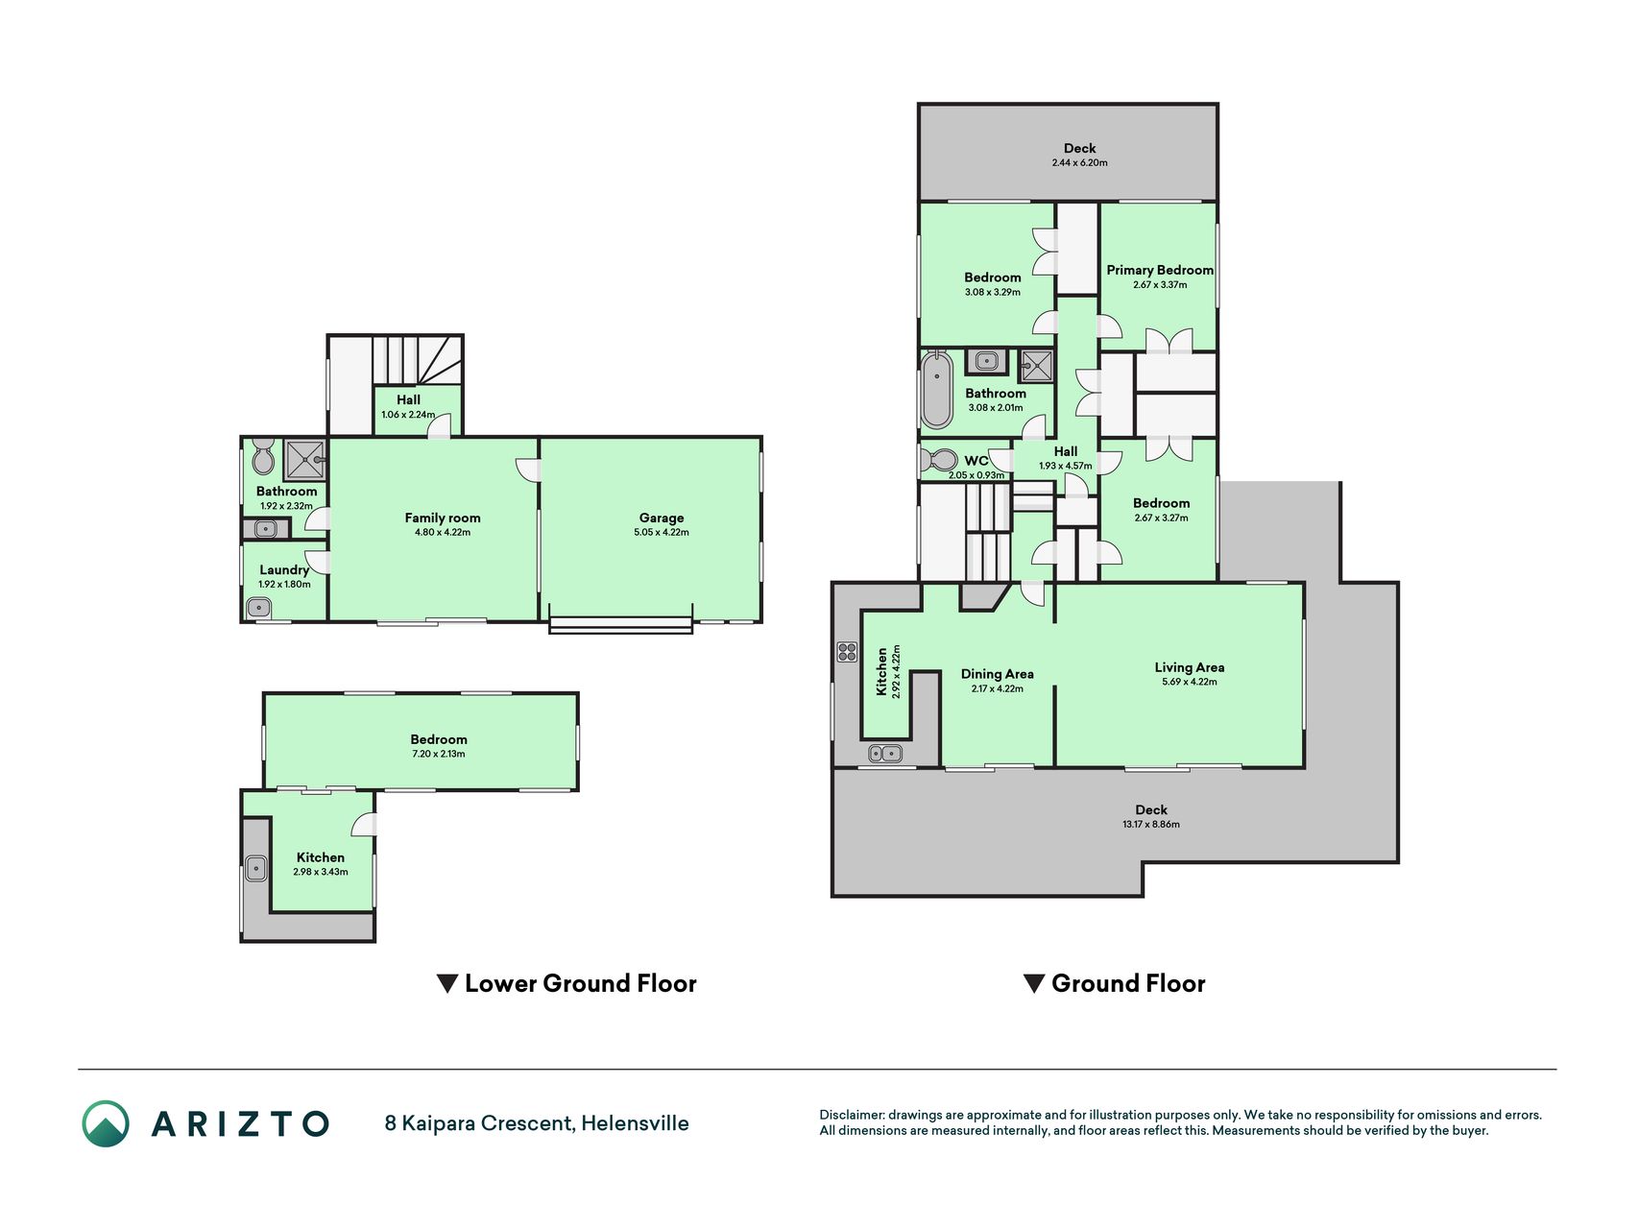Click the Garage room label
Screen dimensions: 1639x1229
tap(662, 518)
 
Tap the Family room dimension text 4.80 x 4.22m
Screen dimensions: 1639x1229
tap(443, 532)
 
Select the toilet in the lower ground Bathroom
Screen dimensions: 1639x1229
tap(263, 457)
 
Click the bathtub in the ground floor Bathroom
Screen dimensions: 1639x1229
tap(936, 389)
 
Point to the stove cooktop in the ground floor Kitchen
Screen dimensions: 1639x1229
tap(847, 652)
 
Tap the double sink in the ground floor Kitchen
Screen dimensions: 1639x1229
tap(885, 754)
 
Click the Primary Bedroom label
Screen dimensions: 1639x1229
tap(1160, 270)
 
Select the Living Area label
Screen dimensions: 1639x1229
tap(1190, 667)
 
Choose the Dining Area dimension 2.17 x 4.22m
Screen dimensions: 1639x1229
tap(998, 688)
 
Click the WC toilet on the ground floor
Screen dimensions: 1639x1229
tap(939, 459)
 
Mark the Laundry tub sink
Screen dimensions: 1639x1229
tap(258, 607)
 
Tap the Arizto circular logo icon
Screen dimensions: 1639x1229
tap(106, 1123)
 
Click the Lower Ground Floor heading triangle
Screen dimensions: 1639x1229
tap(446, 984)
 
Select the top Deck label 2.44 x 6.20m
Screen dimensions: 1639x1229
tap(1080, 155)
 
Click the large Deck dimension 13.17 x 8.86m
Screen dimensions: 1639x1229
tap(1151, 824)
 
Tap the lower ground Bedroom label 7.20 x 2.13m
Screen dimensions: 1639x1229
tap(439, 746)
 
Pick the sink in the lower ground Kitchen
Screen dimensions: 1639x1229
tap(256, 868)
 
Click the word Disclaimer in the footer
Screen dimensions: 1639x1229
tap(852, 1115)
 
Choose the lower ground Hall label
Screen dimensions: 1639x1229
tap(408, 407)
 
